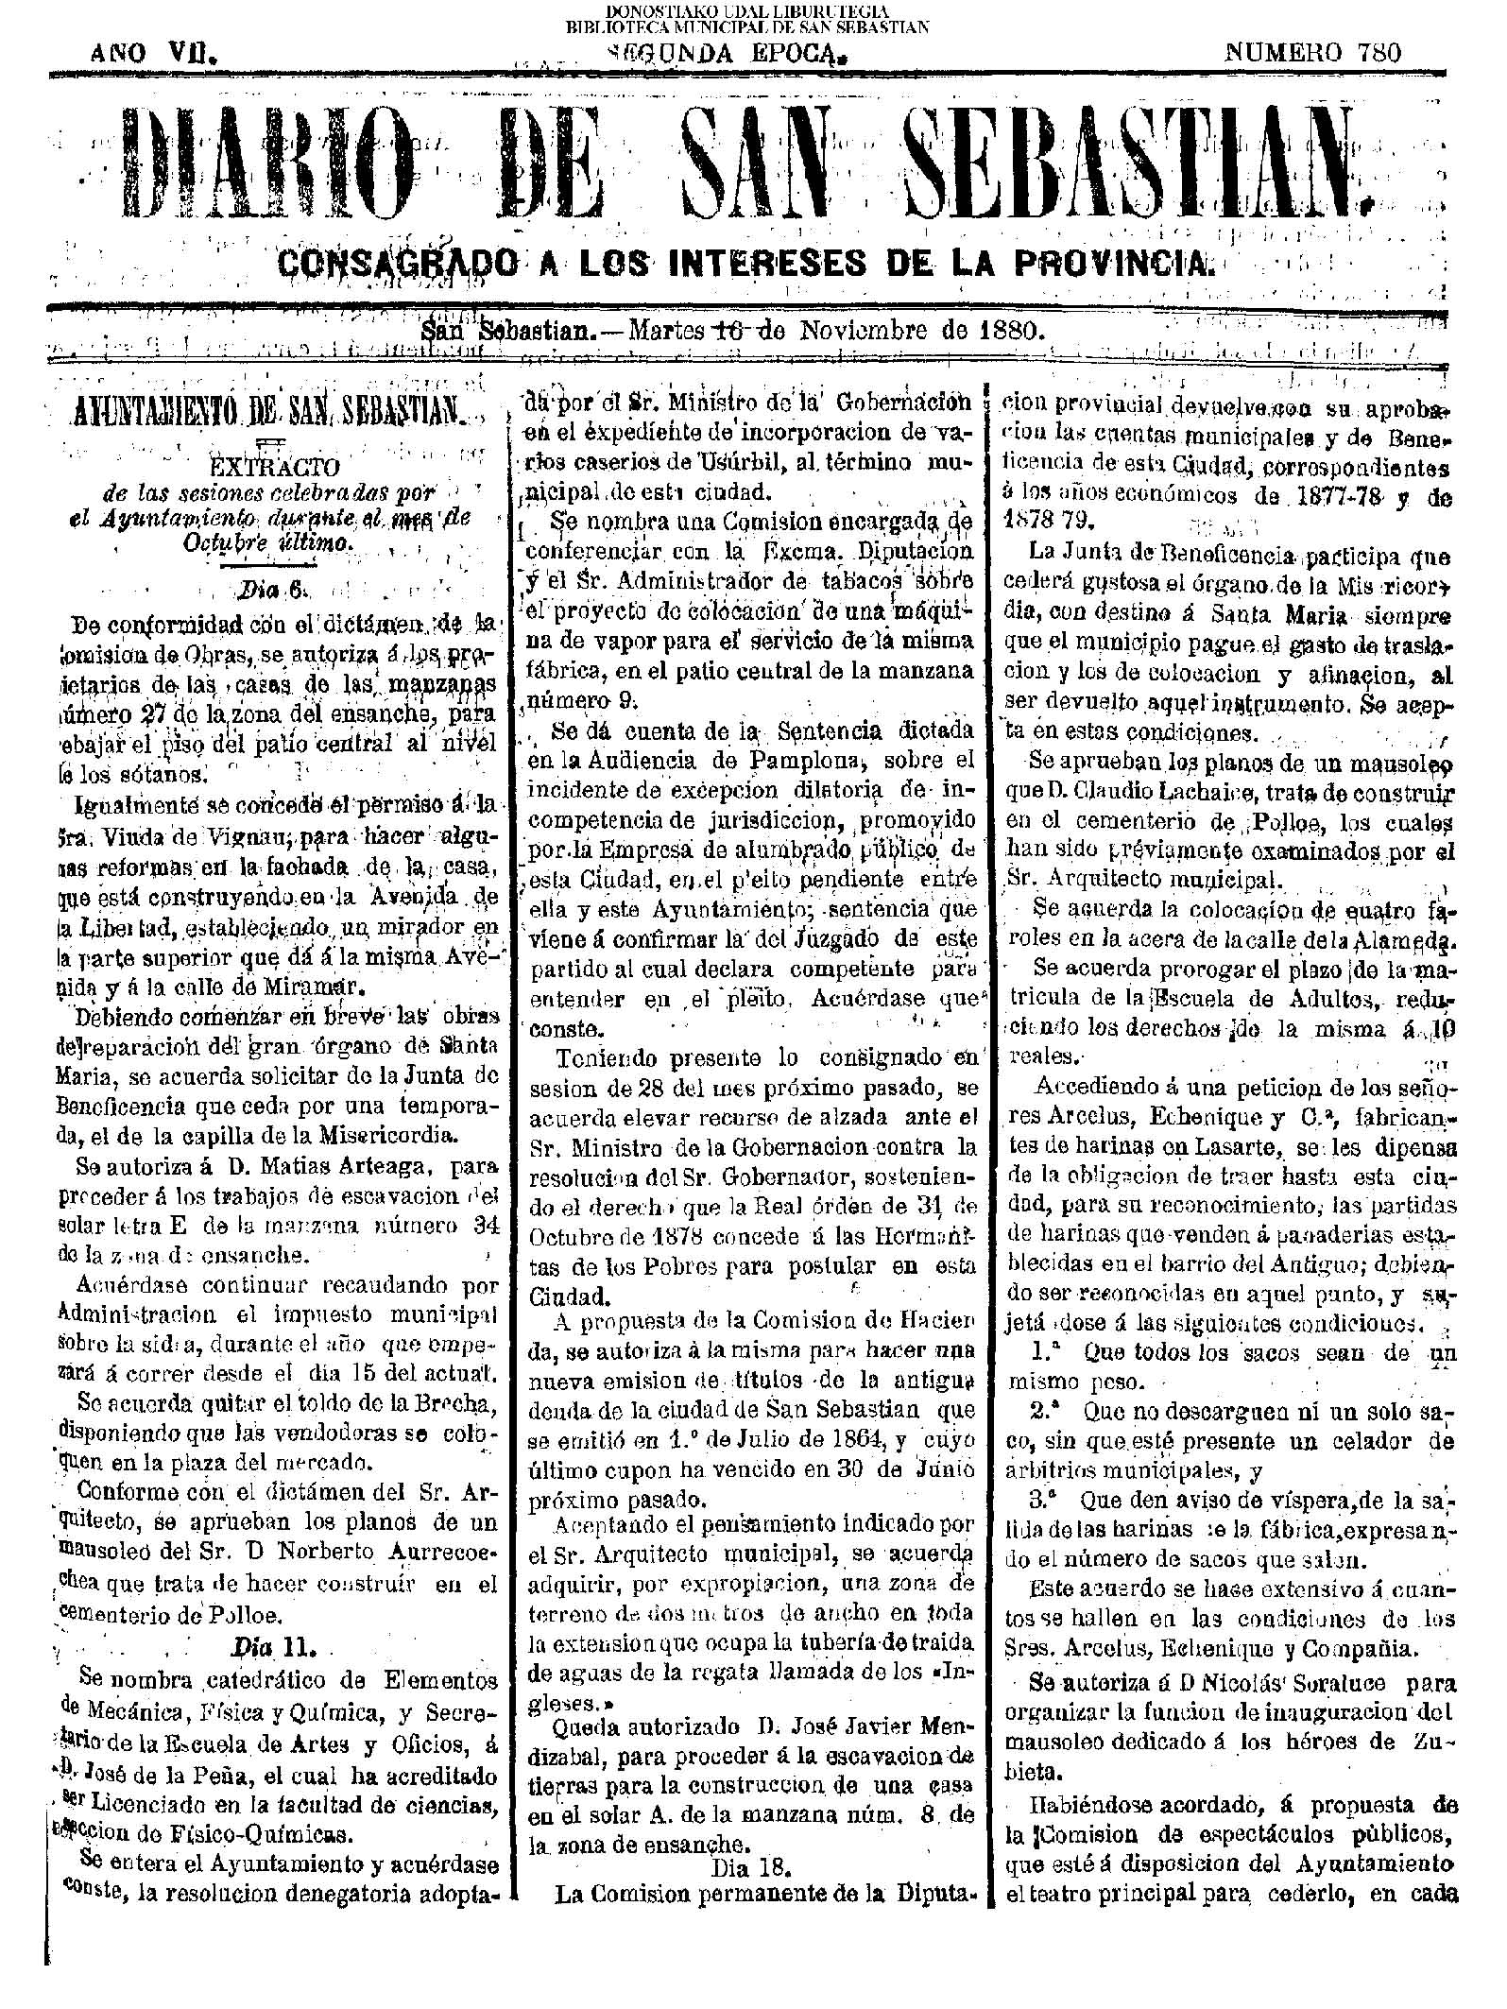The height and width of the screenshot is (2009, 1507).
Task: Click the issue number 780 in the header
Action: [x=1381, y=53]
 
